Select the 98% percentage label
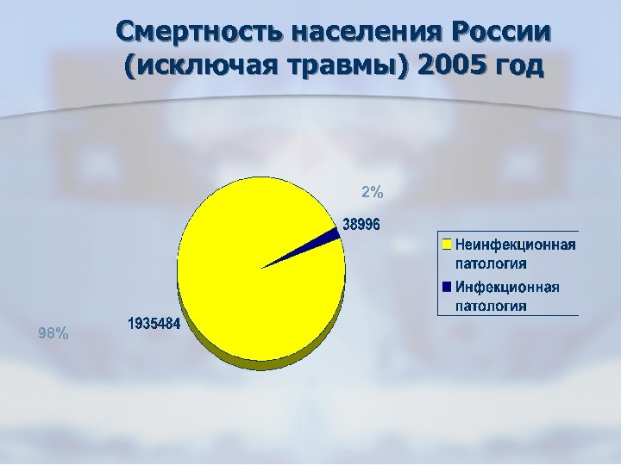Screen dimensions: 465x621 pos(54,333)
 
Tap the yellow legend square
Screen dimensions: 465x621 pos(446,245)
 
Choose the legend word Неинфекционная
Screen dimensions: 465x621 pos(515,245)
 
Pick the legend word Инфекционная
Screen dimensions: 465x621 pos(507,287)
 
